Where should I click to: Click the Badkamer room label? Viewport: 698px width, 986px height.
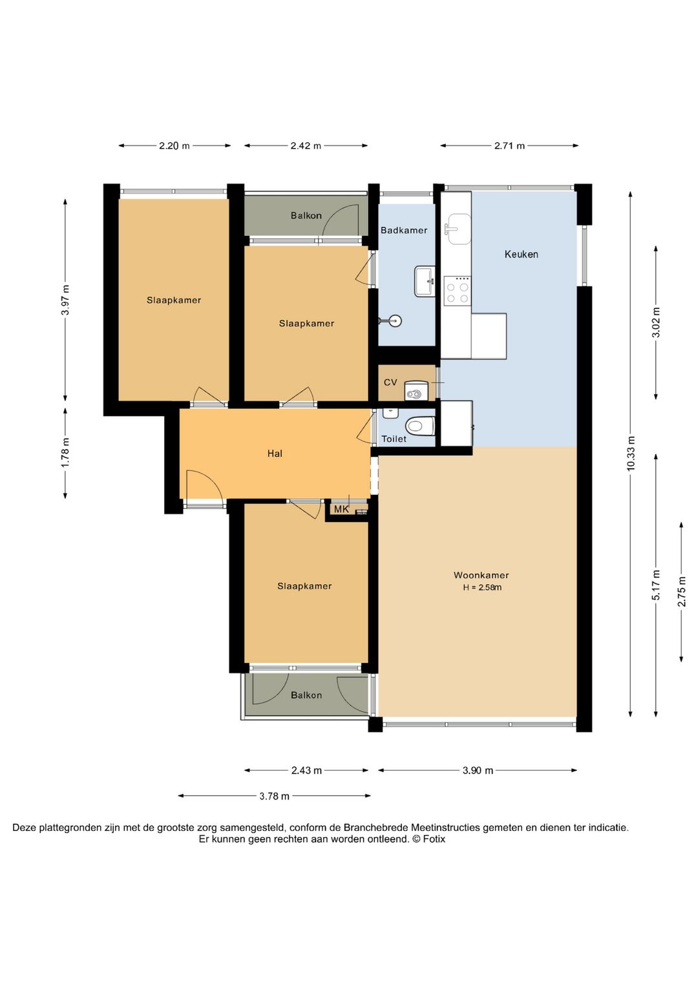(404, 230)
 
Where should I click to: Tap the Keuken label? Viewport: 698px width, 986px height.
(522, 254)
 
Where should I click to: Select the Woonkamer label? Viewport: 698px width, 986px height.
(481, 575)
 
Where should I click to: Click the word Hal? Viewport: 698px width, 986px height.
(275, 454)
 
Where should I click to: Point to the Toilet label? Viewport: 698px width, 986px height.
(394, 439)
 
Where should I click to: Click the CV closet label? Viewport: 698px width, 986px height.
(390, 383)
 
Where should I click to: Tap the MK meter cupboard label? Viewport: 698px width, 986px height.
(341, 509)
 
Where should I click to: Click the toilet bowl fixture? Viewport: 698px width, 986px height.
(420, 426)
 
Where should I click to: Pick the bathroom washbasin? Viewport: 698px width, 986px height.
(425, 281)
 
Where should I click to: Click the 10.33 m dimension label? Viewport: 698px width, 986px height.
(631, 454)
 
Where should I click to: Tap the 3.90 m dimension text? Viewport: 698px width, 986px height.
(478, 770)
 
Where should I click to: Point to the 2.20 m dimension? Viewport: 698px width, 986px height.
(174, 145)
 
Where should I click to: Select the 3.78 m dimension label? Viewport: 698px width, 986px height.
(275, 796)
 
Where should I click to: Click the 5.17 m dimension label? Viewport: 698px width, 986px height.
(657, 585)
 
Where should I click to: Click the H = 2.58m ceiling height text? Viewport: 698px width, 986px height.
(482, 587)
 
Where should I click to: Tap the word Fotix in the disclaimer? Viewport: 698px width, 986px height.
(434, 839)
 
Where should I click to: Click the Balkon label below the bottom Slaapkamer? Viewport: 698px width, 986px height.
(306, 695)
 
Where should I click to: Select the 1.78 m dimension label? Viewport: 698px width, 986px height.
(66, 453)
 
